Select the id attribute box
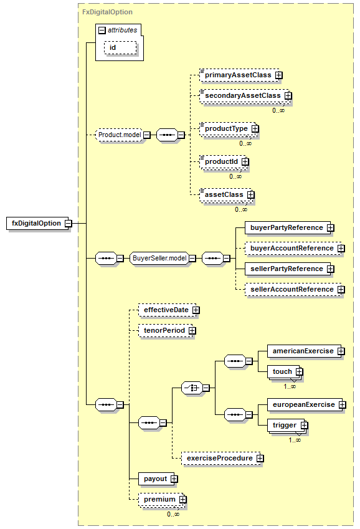[120, 47]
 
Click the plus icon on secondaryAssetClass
[288, 96]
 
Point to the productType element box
[228, 128]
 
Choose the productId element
[223, 161]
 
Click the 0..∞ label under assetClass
[241, 209]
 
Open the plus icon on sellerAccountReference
[341, 290]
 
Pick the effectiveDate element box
[168, 310]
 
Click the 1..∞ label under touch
[290, 386]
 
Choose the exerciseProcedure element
[221, 458]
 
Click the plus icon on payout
[174, 479]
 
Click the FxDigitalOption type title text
[107, 12]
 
